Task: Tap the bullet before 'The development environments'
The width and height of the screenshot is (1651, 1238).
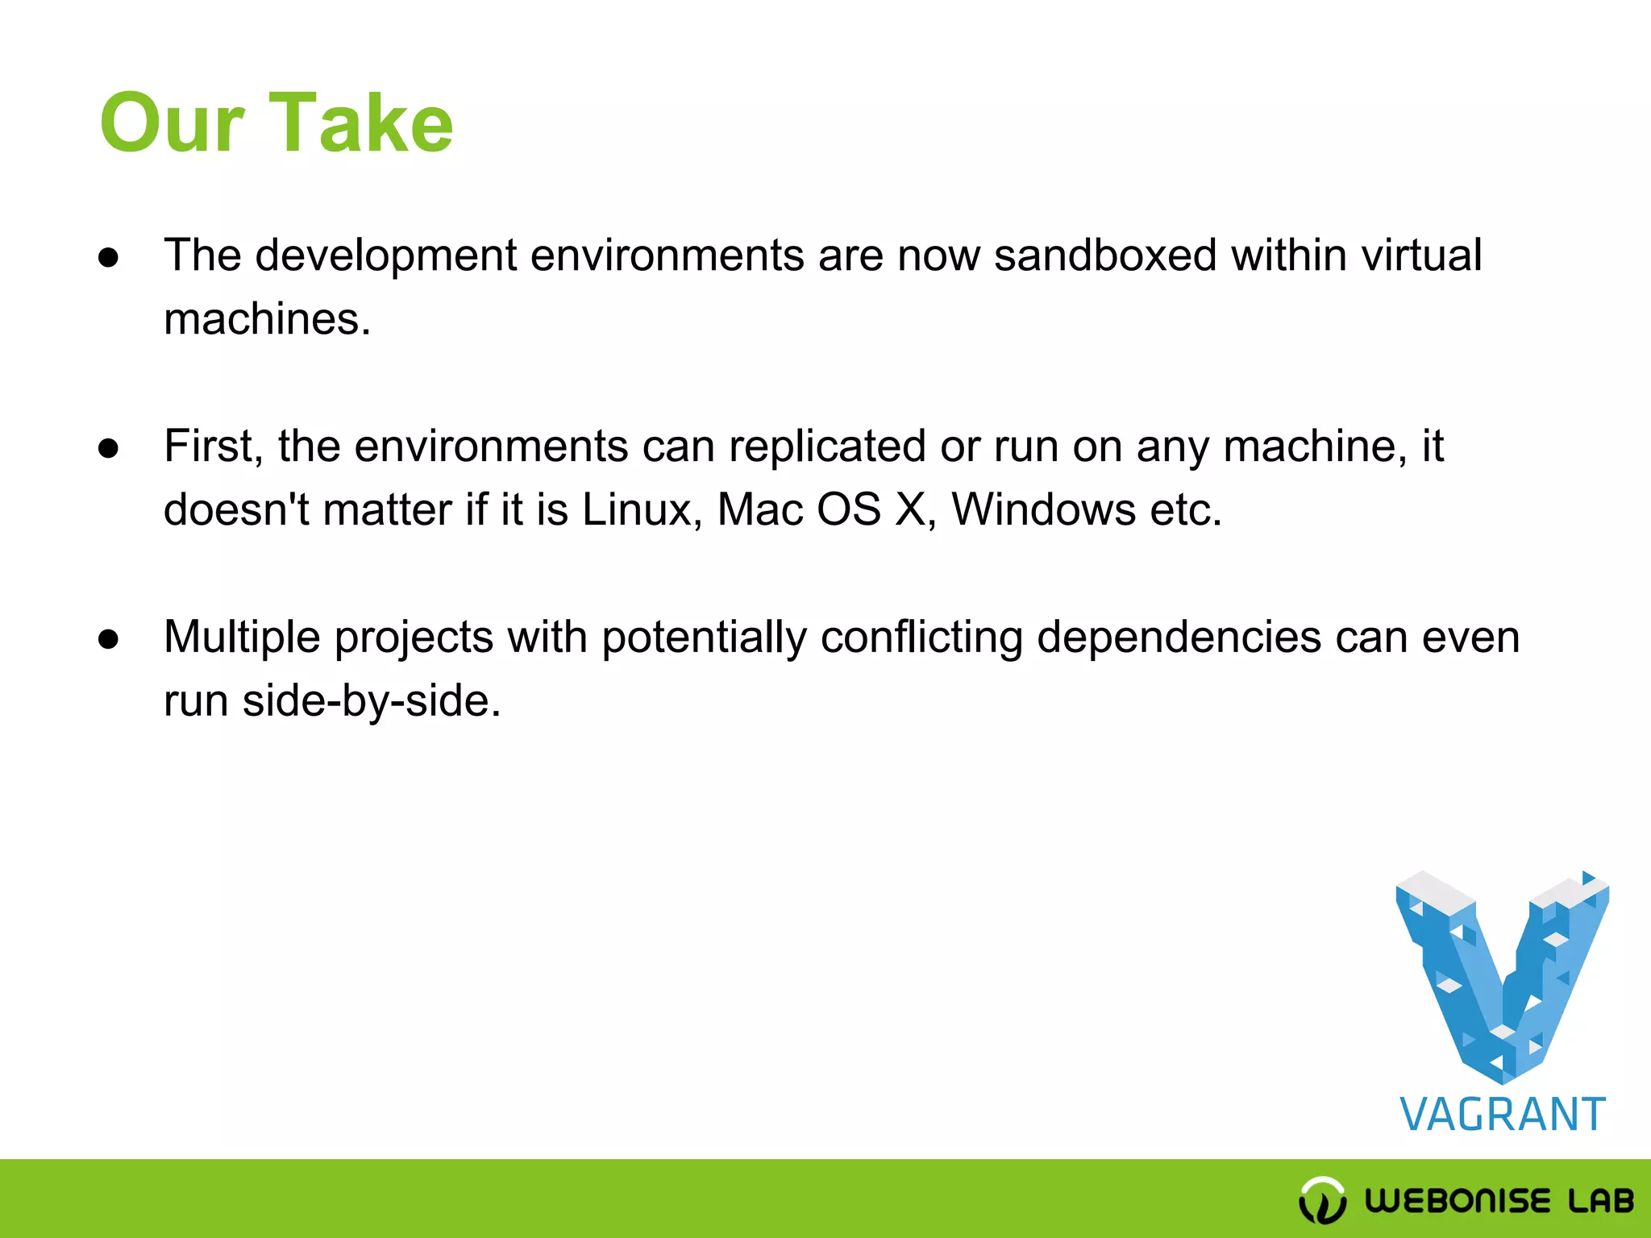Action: pos(108,258)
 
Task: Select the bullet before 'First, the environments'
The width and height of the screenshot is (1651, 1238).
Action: pos(108,449)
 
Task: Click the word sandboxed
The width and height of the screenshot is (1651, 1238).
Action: pos(1104,255)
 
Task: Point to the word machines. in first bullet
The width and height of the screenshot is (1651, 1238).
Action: pos(267,319)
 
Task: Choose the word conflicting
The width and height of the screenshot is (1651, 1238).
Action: pos(921,638)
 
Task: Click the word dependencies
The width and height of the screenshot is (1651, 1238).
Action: pos(1179,638)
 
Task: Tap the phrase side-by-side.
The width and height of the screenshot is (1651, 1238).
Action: pos(371,700)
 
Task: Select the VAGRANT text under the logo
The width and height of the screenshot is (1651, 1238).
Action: pos(1502,1115)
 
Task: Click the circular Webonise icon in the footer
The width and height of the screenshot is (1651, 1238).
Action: pos(1322,1200)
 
